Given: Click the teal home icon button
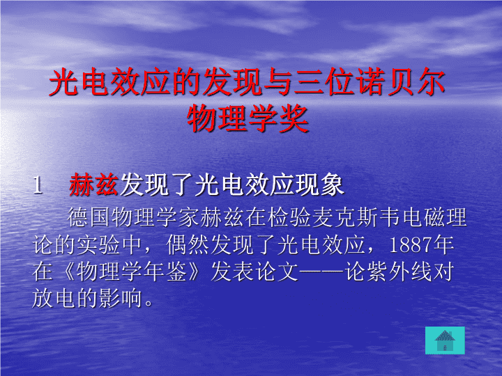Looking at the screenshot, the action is click(445, 340).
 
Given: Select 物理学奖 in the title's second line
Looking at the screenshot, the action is click(248, 118).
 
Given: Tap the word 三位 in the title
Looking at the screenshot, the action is click(324, 82).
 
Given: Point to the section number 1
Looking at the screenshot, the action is click(38, 185).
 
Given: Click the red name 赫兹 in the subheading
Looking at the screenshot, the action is click(93, 185).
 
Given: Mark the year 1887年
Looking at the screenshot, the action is click(422, 245).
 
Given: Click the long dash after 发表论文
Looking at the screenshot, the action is click(321, 272).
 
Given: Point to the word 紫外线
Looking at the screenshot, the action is click(400, 272).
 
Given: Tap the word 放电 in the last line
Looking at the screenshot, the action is click(54, 298).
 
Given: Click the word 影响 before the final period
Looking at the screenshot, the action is click(121, 298).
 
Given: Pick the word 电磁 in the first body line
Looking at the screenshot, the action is click(423, 217).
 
